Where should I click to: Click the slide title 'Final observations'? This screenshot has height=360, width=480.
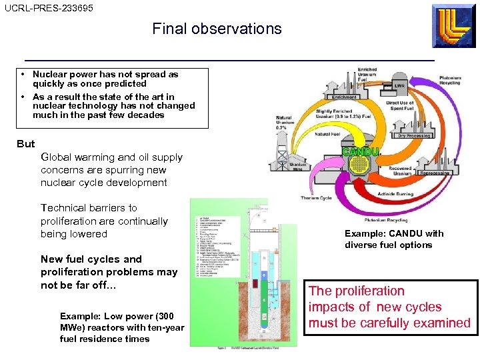click(217, 29)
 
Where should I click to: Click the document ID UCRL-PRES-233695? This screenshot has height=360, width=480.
click(49, 8)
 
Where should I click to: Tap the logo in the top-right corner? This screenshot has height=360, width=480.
click(453, 26)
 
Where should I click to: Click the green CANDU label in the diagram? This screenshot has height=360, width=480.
click(361, 152)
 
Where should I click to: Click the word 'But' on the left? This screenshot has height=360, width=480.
click(26, 144)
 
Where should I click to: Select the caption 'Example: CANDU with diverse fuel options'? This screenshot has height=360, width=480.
click(393, 239)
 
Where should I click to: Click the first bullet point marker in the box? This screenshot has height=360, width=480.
click(23, 75)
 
